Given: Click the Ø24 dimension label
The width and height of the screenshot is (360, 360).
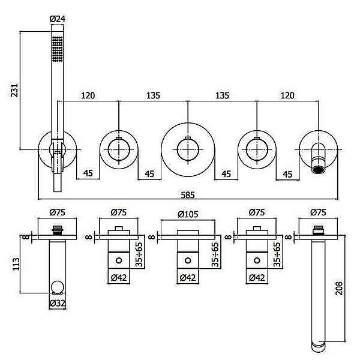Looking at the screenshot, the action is (57, 19).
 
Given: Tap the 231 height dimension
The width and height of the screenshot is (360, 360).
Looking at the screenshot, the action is (14, 90).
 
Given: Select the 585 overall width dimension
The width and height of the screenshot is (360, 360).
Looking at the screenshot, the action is (188, 195).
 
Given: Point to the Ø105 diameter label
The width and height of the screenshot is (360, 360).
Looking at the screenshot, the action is (188, 214).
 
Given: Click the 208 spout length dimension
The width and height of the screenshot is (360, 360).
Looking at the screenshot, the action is (339, 289).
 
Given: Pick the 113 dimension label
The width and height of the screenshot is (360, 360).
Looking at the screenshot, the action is (16, 264).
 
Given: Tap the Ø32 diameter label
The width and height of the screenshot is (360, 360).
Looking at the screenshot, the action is (58, 303).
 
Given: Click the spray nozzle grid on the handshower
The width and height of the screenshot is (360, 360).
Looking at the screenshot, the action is (58, 49).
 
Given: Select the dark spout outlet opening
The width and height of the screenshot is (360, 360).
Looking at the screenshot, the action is (318, 170).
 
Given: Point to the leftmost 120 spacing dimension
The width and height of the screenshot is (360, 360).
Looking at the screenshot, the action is (88, 95).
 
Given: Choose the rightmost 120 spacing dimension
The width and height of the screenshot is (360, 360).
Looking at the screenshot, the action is (287, 95).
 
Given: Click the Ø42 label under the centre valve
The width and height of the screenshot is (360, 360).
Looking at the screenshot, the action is (188, 278).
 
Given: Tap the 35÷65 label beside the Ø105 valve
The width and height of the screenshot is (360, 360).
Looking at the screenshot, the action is (215, 254).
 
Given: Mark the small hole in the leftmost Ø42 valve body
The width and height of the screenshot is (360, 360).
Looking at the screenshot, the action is (119, 260).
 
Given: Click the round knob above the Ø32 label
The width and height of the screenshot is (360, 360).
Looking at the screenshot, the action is (58, 287).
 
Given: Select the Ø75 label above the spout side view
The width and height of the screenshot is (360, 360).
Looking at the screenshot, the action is (318, 212).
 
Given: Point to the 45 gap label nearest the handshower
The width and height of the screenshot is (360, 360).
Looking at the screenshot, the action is (88, 173).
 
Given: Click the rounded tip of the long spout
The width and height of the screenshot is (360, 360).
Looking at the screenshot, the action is (318, 347).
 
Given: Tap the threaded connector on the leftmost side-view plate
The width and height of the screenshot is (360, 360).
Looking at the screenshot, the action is (58, 230).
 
